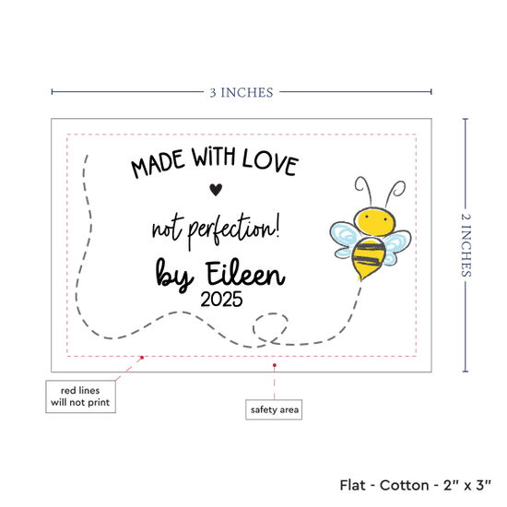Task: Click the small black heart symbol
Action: [216, 190]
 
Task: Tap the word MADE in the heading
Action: [158, 164]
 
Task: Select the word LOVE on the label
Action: [270, 162]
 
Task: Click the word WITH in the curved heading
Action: [214, 157]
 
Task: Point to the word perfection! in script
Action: [234, 230]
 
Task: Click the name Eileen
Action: [245, 274]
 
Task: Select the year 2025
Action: [221, 299]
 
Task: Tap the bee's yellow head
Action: [375, 220]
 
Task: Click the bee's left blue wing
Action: [345, 240]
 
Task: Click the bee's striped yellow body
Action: [368, 258]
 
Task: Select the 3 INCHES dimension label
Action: [242, 93]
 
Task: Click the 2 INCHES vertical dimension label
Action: [466, 245]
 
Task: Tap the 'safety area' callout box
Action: [274, 409]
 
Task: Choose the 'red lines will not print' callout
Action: [80, 396]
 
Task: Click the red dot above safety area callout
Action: [274, 365]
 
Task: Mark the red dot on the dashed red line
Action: [142, 358]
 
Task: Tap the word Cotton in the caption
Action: [404, 485]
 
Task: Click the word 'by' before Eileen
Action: [174, 275]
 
